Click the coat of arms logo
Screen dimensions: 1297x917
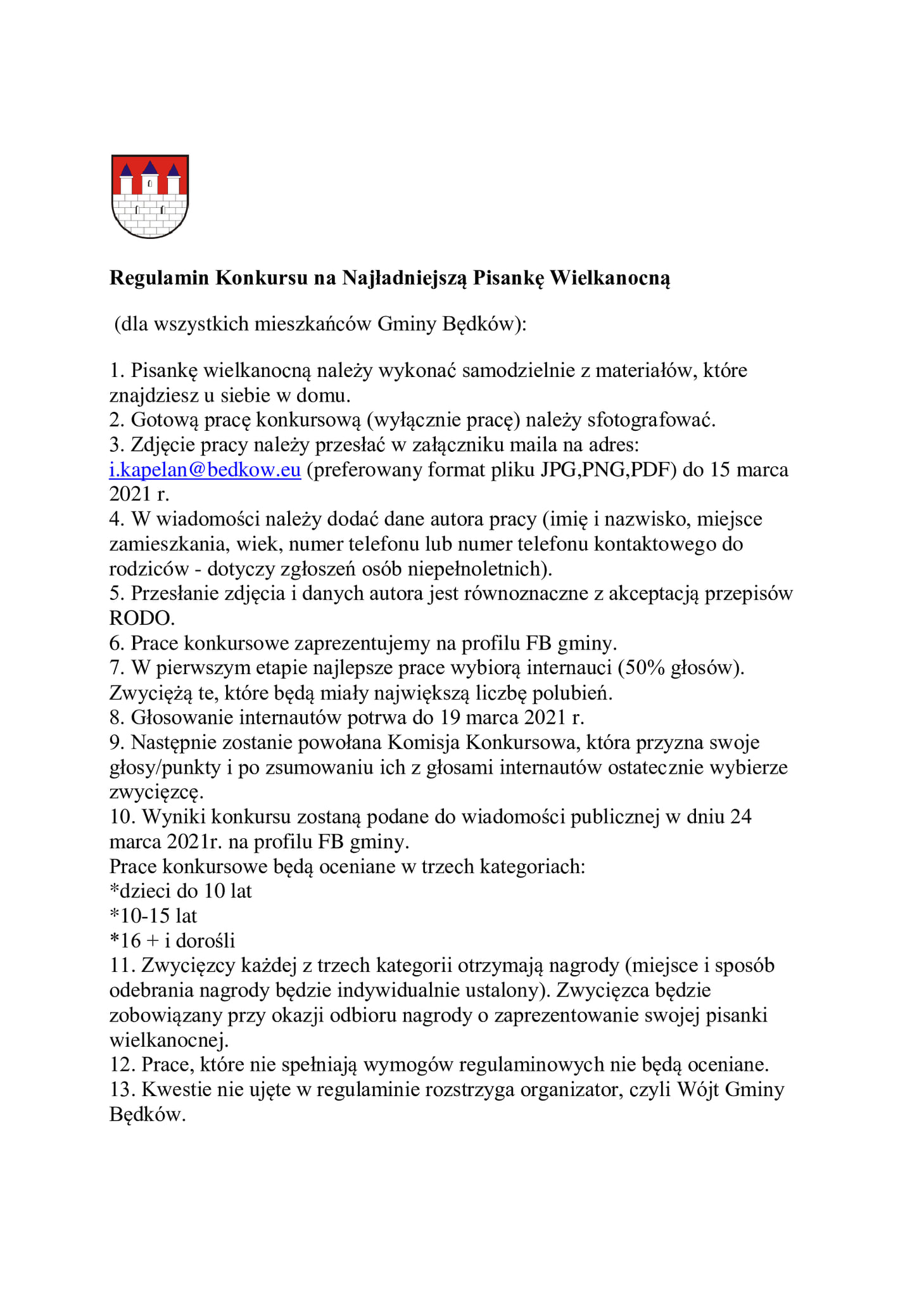tap(150, 196)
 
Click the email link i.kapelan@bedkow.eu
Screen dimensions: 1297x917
tap(205, 470)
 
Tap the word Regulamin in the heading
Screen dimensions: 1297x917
tap(159, 278)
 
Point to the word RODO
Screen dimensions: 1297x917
tap(141, 618)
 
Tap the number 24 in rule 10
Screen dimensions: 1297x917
tap(740, 816)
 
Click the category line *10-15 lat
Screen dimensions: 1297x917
tap(153, 916)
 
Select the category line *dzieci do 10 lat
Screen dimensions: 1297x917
tap(180, 891)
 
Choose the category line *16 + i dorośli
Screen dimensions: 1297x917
tap(172, 940)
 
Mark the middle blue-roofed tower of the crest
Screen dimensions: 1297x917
tap(150, 177)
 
